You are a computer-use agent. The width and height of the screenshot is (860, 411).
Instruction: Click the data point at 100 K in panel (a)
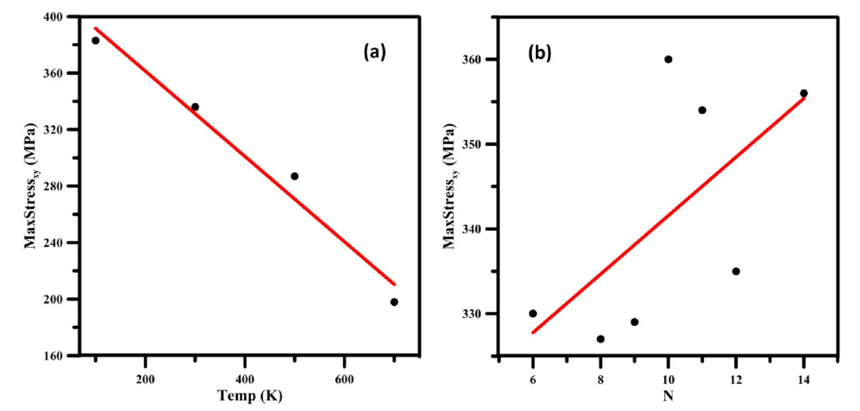click(x=96, y=41)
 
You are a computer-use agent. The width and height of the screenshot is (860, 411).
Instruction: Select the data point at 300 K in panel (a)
click(x=195, y=107)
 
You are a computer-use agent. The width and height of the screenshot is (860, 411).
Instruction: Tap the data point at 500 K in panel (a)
click(x=295, y=176)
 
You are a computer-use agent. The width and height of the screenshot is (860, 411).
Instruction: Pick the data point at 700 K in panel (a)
click(x=394, y=302)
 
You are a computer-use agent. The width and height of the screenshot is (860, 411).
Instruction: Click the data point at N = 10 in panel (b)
click(x=668, y=59)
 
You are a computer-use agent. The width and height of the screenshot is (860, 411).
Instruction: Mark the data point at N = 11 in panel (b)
click(x=702, y=110)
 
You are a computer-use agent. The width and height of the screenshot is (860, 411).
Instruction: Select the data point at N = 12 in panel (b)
click(x=736, y=272)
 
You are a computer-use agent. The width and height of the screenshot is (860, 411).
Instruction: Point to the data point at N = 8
click(x=600, y=339)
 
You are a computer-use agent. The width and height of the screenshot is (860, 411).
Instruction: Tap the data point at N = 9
click(x=635, y=322)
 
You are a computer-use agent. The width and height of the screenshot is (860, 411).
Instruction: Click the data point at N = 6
click(x=533, y=314)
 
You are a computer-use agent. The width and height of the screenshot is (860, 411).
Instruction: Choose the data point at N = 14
click(x=803, y=93)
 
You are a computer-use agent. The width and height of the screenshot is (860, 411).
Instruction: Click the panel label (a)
click(x=374, y=53)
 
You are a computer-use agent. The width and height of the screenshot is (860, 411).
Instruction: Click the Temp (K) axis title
click(x=250, y=395)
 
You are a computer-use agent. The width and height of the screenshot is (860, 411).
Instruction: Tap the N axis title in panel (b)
click(x=667, y=395)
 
